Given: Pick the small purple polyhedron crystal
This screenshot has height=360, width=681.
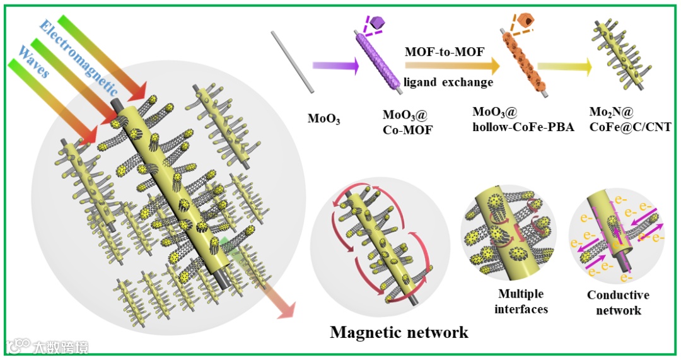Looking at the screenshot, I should coord(377,23).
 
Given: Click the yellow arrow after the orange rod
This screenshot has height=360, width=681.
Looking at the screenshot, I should coord(565,66).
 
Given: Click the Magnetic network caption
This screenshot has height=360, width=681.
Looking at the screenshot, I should coord(399,332).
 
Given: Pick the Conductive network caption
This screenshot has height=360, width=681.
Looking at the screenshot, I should coord(618,303).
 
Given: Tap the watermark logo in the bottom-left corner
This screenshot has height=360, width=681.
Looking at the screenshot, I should coord(19,345).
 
